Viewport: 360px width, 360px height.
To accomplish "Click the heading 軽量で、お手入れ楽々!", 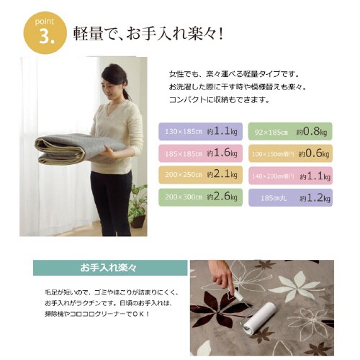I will click(x=147, y=34).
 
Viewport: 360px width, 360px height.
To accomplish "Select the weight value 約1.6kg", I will click(x=222, y=153).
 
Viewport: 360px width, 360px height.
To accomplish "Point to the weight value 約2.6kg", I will click(x=222, y=196).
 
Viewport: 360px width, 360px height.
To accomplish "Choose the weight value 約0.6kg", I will click(x=312, y=153).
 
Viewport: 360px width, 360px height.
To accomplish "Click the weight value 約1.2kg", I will click(x=312, y=196).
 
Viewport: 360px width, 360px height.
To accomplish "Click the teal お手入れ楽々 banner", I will click(x=108, y=268).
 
